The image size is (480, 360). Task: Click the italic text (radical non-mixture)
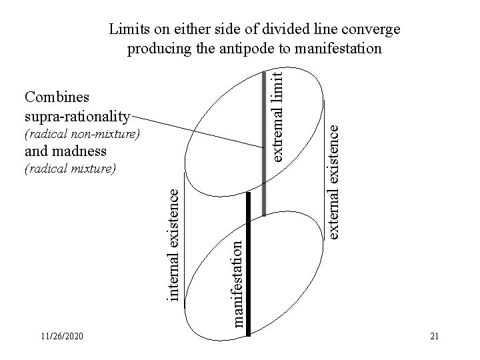tap(81, 135)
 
